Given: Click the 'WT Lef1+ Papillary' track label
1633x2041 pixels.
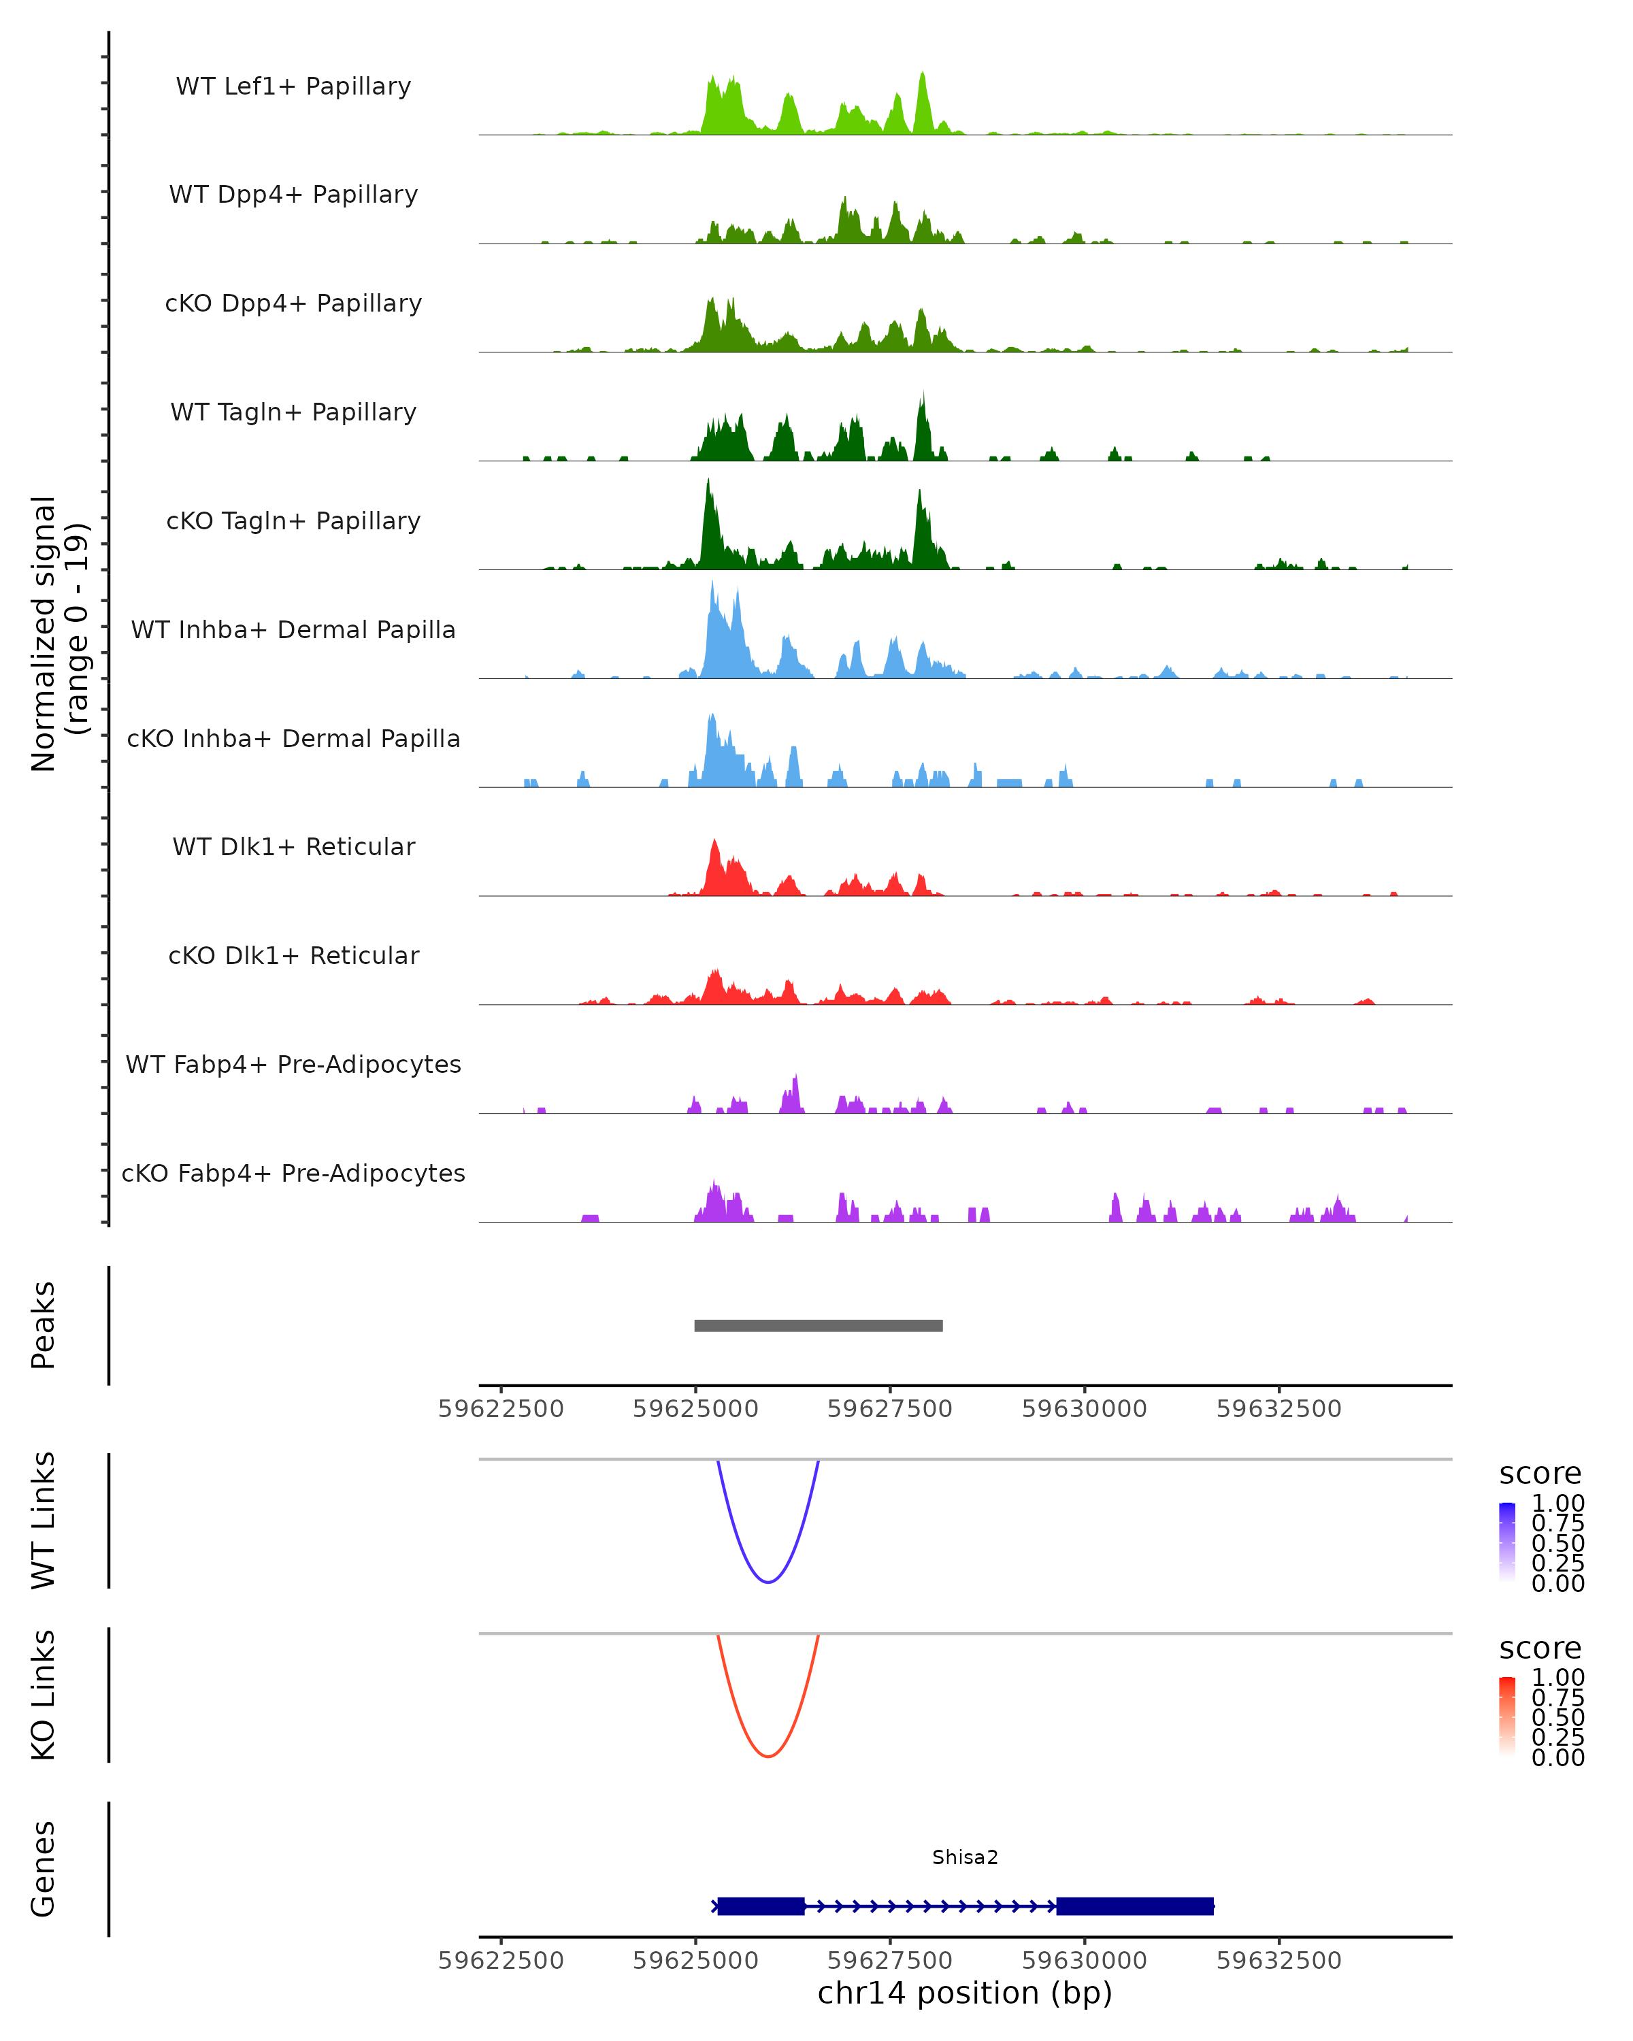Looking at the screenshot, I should (x=293, y=86).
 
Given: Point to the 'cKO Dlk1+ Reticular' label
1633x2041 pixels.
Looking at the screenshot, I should (x=293, y=955).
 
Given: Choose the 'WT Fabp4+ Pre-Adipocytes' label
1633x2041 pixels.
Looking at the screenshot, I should (x=293, y=1064).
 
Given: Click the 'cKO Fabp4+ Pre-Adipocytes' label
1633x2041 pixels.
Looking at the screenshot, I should (x=293, y=1173).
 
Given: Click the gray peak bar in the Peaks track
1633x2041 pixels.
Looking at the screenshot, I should (x=818, y=1325).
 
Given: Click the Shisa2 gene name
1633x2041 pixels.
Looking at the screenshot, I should (x=965, y=1857).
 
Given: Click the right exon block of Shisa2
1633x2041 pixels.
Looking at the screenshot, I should (x=1134, y=1906).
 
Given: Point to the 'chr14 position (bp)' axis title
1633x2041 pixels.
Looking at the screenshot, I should (x=965, y=1993).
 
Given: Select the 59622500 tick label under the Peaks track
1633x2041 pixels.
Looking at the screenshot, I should (x=501, y=1409).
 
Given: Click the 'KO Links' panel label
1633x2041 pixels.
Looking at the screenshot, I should (x=44, y=1695).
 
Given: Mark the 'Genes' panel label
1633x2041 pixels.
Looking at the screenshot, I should (x=44, y=1869).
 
